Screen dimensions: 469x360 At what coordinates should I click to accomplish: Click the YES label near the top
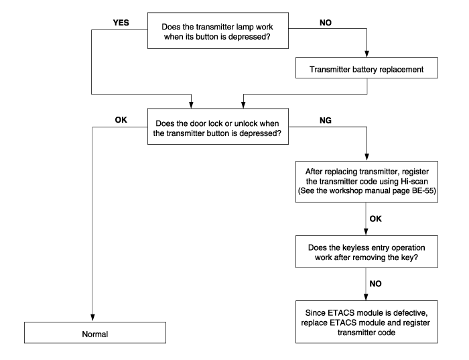121,23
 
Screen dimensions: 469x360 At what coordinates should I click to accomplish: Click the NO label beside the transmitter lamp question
326,23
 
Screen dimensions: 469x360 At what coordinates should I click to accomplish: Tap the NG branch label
326,120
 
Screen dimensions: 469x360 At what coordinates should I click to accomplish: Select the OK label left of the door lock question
121,120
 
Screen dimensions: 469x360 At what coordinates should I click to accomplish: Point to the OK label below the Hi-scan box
375,219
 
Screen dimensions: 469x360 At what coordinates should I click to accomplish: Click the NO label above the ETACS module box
375,284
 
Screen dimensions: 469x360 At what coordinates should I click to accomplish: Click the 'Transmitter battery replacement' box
366,68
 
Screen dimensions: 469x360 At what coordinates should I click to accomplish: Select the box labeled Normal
95,333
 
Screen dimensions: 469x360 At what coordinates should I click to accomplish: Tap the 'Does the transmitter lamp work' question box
218,31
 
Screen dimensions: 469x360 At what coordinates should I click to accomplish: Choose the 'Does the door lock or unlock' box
218,127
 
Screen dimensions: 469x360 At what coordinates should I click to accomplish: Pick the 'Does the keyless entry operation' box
366,251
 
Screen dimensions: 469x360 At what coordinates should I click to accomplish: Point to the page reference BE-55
424,190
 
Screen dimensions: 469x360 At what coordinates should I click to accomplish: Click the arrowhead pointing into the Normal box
92,318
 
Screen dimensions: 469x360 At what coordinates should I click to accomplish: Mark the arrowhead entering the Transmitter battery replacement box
366,54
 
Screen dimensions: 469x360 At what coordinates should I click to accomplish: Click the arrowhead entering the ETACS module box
366,297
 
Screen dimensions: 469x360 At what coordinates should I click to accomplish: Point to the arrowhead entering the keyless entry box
366,232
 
